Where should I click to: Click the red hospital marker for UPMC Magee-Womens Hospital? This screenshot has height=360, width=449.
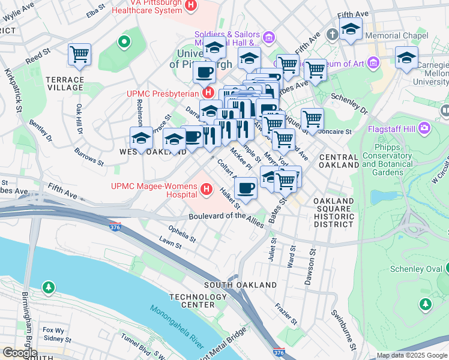tap(207, 190)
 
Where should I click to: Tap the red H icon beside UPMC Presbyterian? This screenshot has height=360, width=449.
tap(208, 93)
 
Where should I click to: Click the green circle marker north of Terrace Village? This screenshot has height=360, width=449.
tap(124, 42)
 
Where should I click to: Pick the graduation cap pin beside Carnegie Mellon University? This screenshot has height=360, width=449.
tap(406, 58)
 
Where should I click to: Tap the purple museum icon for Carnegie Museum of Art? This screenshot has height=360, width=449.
tap(374, 62)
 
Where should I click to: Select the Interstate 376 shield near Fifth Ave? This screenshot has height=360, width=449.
tap(115, 226)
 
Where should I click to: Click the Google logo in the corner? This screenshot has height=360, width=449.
tap(20, 353)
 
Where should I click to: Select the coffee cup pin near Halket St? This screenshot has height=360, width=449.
tap(245, 188)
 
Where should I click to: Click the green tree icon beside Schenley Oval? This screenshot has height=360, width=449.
tap(426, 305)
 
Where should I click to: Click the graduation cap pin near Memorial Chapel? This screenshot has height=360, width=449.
tap(350, 28)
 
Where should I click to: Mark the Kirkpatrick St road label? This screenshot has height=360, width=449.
tap(13, 90)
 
